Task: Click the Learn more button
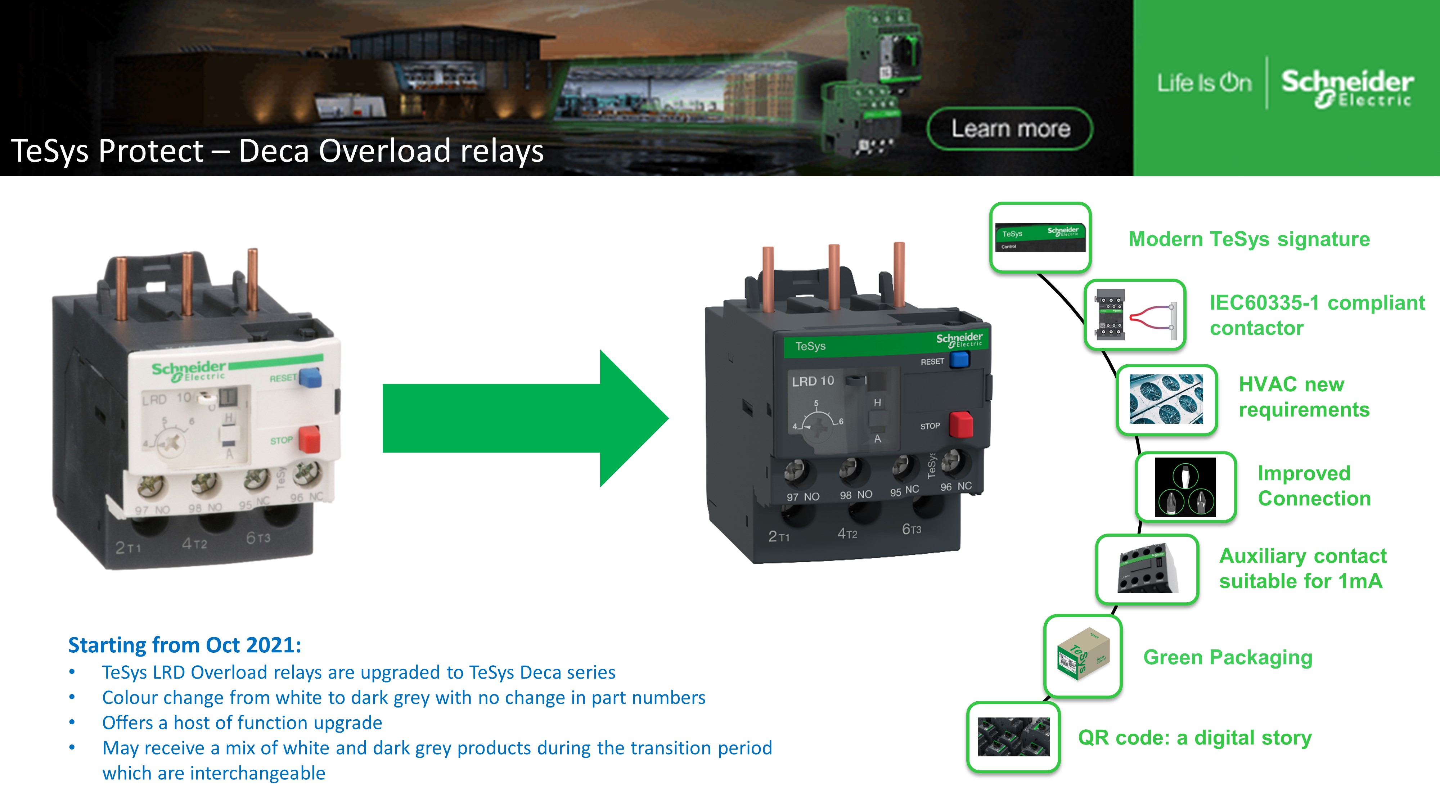pos(1009,129)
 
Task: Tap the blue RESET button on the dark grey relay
pos(959,359)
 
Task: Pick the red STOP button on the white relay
pos(309,439)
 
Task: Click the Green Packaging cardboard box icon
pos(1083,656)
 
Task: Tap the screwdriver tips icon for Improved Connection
pos(1185,487)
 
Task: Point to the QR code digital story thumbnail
pos(1013,737)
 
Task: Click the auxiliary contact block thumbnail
pos(1147,569)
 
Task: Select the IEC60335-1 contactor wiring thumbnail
pos(1135,315)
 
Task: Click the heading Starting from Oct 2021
pos(184,645)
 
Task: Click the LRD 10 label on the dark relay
pos(813,381)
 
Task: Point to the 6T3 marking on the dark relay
pos(911,529)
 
